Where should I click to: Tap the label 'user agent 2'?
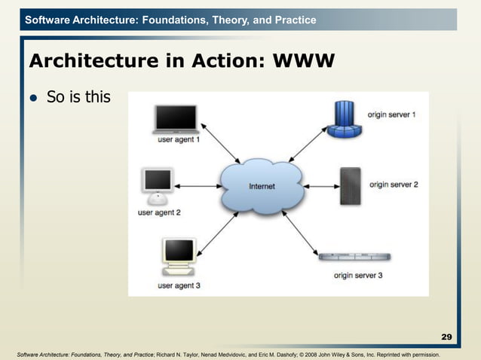point(159,213)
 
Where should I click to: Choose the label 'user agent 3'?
point(179,285)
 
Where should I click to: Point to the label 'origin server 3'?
point(358,275)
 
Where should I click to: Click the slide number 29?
point(446,336)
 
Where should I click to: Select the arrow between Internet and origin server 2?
point(314,185)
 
